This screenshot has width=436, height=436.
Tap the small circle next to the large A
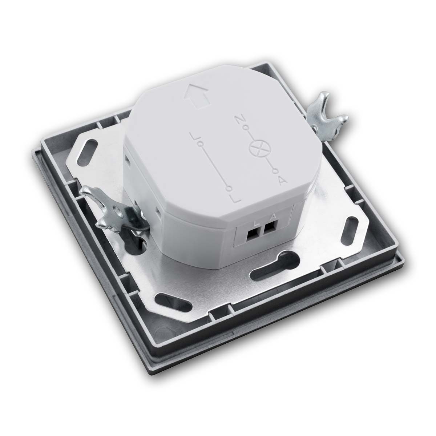click(x=275, y=171)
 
